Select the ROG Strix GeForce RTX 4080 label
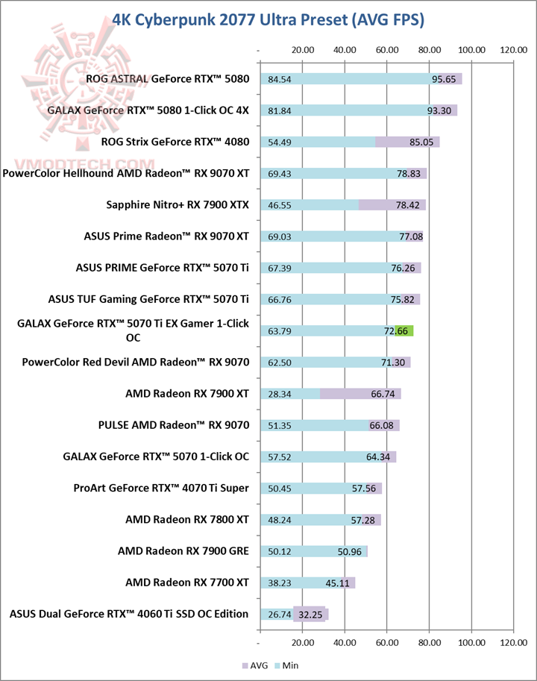[x=175, y=142]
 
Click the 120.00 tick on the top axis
[x=513, y=50]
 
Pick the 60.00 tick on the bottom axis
[x=387, y=641]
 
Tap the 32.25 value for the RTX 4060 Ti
[x=311, y=615]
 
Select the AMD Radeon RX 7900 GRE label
[x=183, y=551]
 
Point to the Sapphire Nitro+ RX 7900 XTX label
[x=178, y=204]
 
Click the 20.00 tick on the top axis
[x=302, y=50]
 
